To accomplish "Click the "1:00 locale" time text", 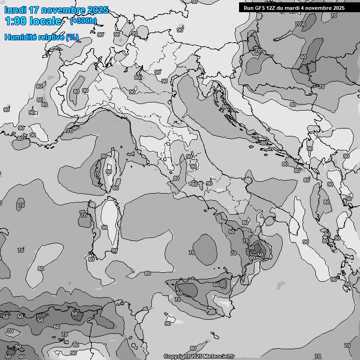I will [33, 21].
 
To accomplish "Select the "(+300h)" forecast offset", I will [84, 21].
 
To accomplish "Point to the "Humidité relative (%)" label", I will [42, 37].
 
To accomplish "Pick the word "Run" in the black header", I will [249, 8].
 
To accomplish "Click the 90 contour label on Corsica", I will [109, 172].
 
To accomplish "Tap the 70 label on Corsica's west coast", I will [97, 173].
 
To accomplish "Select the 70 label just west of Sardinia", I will [84, 215].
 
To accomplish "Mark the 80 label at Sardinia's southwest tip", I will [91, 259].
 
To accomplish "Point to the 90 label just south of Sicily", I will [168, 323].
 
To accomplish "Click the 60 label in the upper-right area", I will [303, 57].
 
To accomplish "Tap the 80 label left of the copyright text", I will [193, 348].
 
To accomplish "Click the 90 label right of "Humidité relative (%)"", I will [100, 35].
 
